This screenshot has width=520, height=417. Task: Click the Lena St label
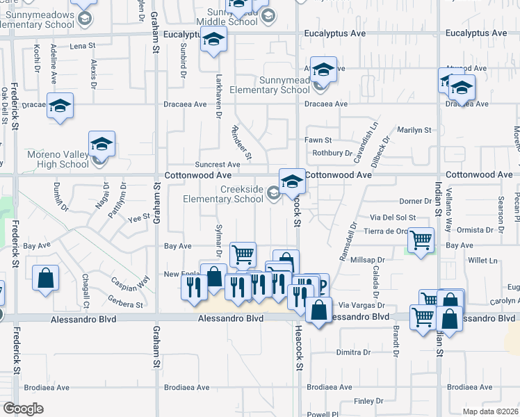tap(82, 46)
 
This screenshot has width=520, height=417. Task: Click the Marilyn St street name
tap(414, 130)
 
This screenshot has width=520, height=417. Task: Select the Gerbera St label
tap(124, 304)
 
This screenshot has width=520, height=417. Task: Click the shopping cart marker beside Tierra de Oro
tap(421, 241)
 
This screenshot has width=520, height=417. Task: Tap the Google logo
tap(23, 409)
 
